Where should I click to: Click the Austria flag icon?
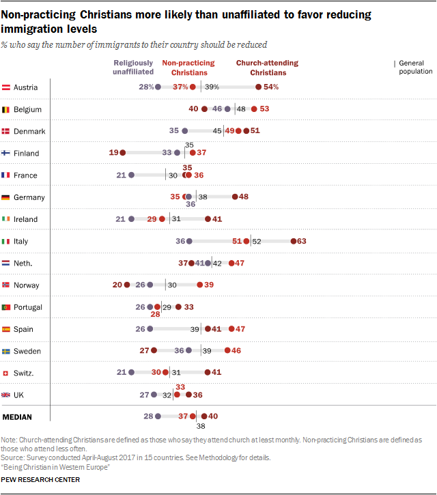[6, 87]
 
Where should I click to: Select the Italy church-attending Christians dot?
[292, 241]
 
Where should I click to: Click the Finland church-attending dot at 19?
[123, 153]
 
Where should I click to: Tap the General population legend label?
[415, 67]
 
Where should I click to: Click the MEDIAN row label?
[18, 416]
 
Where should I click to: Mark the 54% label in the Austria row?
[271, 87]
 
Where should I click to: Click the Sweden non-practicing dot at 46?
[227, 351]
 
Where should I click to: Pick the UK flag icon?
[6, 395]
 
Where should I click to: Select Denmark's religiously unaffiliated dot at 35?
[184, 131]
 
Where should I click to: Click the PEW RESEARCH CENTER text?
[40, 480]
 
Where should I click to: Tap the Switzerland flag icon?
[6, 373]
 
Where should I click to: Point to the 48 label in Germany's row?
[244, 197]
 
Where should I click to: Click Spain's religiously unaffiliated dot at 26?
[150, 329]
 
